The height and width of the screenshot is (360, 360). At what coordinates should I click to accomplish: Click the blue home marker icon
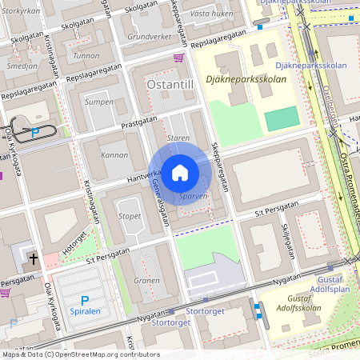click(180, 173)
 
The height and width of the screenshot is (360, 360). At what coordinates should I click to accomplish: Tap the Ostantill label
click(169, 83)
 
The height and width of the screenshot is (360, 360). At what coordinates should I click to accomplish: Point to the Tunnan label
click(86, 56)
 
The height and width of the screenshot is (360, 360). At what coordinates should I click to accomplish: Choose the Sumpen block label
click(99, 102)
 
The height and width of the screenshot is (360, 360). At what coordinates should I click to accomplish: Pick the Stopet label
click(130, 216)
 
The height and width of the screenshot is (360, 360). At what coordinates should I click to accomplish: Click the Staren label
click(178, 138)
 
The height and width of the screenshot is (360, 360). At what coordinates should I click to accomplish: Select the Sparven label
click(194, 196)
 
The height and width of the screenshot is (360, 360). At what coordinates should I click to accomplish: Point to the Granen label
click(146, 281)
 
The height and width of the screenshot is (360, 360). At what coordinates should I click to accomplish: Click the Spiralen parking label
click(85, 311)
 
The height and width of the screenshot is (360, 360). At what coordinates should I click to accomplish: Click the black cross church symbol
click(33, 258)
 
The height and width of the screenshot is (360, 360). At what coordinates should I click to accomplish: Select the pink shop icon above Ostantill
click(178, 58)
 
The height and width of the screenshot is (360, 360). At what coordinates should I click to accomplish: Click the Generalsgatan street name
click(159, 203)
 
